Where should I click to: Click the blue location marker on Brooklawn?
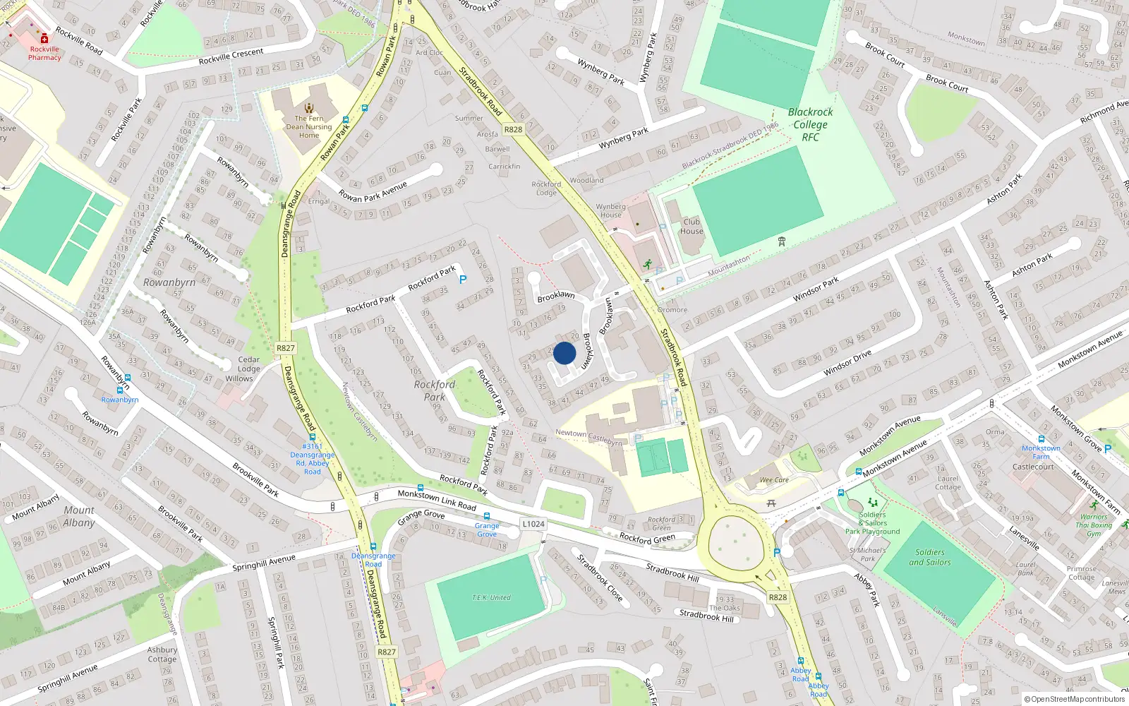point(564,353)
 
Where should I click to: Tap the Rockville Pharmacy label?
point(44,53)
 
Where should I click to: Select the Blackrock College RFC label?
point(810,124)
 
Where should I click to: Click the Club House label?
point(692,226)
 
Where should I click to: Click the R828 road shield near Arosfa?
point(513,129)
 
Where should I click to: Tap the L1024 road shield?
point(533,524)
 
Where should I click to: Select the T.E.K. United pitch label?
point(491,597)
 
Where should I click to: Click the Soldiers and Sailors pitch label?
point(929,557)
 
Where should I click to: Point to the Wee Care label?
point(774,480)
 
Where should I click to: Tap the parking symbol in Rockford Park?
point(463,280)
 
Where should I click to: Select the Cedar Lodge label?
point(248,364)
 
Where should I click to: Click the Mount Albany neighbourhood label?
point(78,516)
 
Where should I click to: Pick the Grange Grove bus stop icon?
point(487,517)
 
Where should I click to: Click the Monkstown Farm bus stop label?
point(1041,452)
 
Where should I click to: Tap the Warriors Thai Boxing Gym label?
point(1093,525)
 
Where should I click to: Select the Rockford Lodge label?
point(546,189)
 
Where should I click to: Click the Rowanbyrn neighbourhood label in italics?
point(169,282)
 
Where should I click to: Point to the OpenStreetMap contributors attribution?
point(1074,699)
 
